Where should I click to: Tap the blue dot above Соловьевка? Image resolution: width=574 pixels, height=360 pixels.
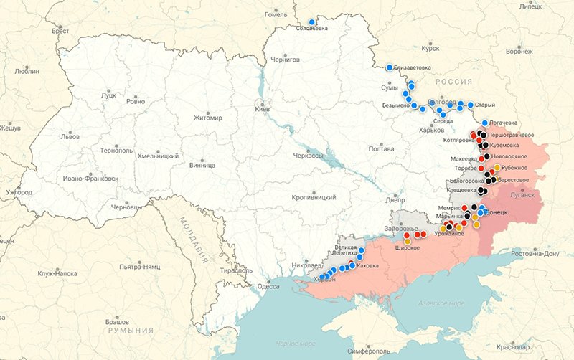click(311, 22)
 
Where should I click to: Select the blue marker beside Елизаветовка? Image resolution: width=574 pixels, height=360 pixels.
click(390, 67)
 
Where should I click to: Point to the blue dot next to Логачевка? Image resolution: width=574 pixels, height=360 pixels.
click(486, 123)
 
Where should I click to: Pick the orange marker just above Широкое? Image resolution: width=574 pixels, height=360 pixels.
click(408, 241)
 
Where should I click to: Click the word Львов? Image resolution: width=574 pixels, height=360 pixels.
click(70, 136)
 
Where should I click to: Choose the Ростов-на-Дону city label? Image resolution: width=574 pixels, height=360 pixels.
click(535, 254)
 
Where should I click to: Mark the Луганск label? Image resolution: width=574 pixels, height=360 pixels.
click(522, 194)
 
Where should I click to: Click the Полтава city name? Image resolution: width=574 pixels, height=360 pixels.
click(380, 148)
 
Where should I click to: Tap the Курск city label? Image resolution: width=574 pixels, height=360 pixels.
click(430, 49)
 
